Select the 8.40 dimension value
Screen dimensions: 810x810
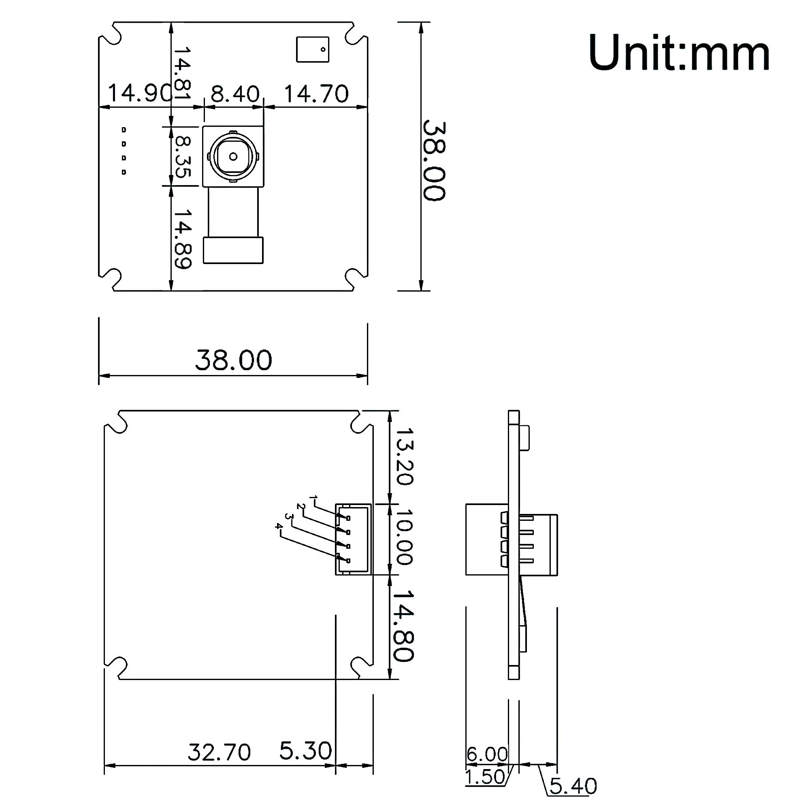(x=235, y=94)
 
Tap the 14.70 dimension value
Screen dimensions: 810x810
(x=316, y=94)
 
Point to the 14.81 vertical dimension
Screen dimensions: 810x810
(x=182, y=72)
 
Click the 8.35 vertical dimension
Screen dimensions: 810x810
(x=182, y=156)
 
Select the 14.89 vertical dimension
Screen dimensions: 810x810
(x=183, y=239)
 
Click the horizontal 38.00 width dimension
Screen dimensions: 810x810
(x=234, y=360)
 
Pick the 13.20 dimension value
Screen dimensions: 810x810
(x=405, y=456)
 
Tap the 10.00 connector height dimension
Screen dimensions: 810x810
(x=405, y=537)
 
